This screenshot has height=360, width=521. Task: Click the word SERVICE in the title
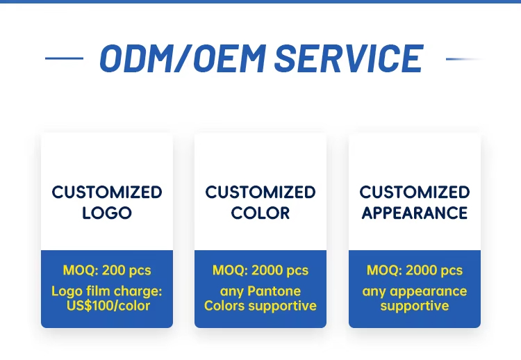[349, 58]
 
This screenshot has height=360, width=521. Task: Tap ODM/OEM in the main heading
[183, 58]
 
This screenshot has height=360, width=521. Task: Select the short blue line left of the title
[64, 58]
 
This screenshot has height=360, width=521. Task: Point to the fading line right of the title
[464, 59]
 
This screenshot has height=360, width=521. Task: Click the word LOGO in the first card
[107, 213]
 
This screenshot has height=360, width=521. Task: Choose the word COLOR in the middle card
[260, 213]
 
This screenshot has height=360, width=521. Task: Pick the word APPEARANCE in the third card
[415, 213]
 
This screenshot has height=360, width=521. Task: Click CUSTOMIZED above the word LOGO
[107, 193]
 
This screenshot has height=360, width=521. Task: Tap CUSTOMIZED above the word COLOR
[260, 193]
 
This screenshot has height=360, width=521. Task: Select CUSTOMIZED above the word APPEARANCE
[415, 193]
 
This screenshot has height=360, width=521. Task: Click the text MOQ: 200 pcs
[107, 270]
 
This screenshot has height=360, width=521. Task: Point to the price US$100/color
[108, 306]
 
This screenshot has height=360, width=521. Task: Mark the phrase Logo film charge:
[107, 291]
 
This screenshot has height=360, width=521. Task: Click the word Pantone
[274, 291]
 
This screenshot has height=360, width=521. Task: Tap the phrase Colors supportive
[260, 306]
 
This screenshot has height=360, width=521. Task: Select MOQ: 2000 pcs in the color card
[260, 270]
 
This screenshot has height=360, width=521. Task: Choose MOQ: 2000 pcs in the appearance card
[415, 270]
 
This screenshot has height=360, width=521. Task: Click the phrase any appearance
[415, 292]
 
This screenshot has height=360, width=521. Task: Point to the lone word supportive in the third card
[415, 306]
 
